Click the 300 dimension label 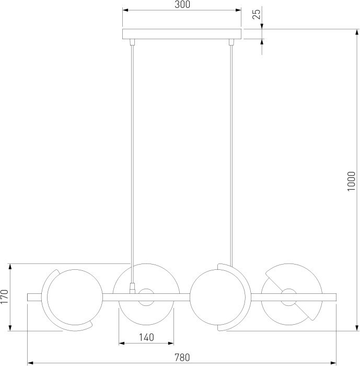click(x=182, y=4)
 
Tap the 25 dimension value click(x=257, y=15)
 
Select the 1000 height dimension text click(x=351, y=181)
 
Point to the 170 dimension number click(x=4, y=296)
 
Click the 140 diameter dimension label click(x=146, y=337)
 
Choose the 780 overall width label click(x=182, y=357)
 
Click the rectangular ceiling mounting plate click(x=182, y=34)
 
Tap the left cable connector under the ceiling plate click(x=132, y=42)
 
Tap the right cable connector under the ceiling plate click(x=231, y=42)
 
